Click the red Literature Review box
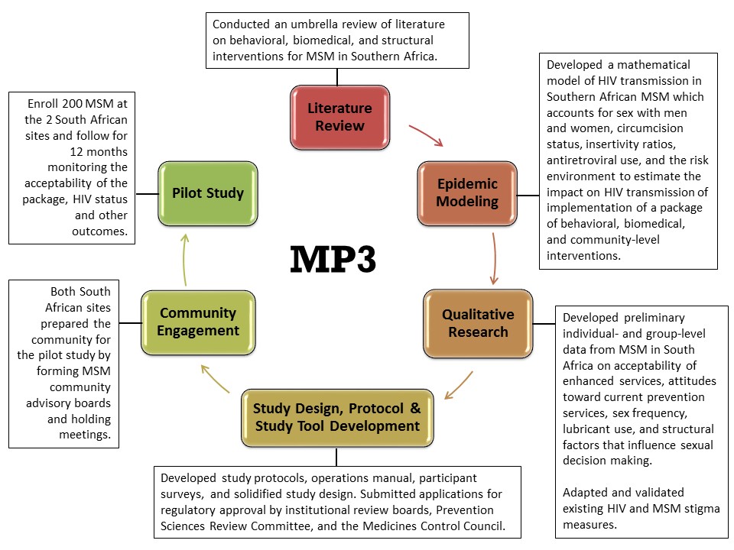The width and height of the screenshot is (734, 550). (x=339, y=117)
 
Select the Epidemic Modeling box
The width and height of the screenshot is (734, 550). (x=468, y=192)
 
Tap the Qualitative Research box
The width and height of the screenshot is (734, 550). (x=479, y=323)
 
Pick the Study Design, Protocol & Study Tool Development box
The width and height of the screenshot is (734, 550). (x=337, y=416)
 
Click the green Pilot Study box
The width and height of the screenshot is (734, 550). (x=207, y=192)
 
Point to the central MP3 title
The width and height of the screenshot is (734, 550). (x=333, y=260)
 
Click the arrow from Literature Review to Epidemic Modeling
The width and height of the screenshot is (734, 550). (x=427, y=135)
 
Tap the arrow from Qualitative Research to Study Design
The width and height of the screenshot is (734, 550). (x=460, y=386)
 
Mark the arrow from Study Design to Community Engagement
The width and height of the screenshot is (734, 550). (x=215, y=379)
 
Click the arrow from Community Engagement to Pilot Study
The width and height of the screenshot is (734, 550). (x=183, y=260)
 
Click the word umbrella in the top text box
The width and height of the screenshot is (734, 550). (x=297, y=24)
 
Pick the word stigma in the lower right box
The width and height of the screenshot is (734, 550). (x=703, y=508)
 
